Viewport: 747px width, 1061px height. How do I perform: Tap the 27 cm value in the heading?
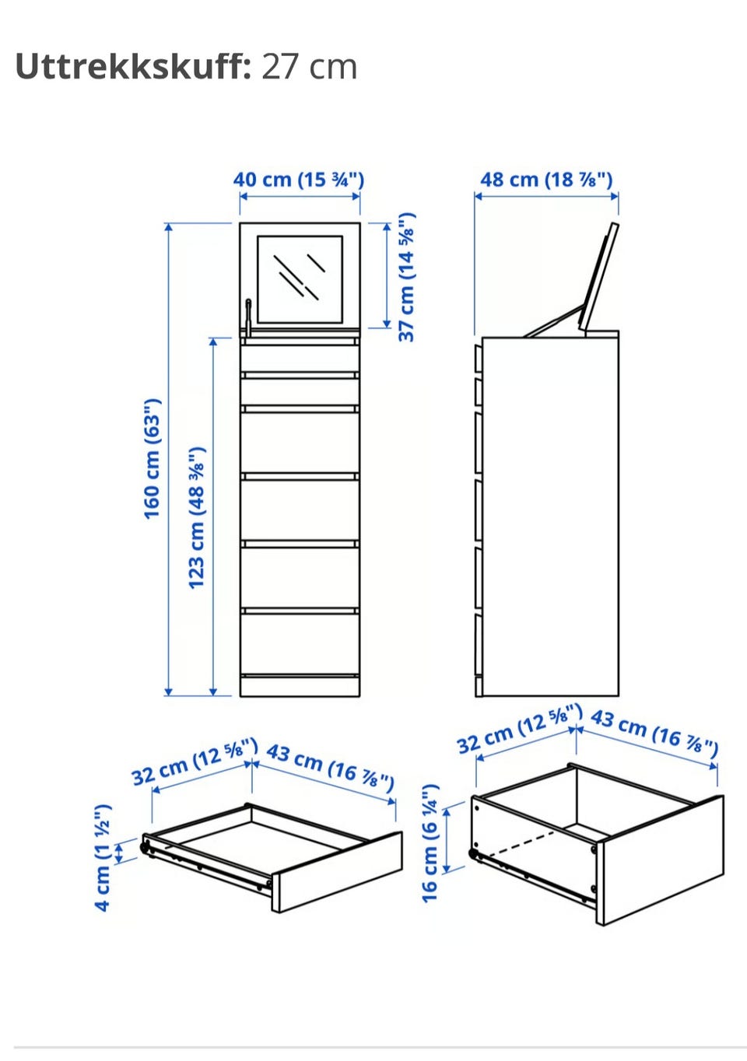coord(309,67)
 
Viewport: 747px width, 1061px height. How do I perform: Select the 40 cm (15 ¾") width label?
coord(299,180)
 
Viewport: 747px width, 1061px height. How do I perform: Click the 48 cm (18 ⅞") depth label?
coord(546,180)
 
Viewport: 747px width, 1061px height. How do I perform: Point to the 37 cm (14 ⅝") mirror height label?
coord(406,277)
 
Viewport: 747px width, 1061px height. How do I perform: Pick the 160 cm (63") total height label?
coord(153,459)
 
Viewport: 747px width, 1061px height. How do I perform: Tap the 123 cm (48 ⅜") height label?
coord(197,517)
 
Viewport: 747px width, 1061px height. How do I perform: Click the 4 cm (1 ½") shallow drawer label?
coord(103,857)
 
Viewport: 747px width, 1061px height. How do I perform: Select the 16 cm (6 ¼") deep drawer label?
coord(430,843)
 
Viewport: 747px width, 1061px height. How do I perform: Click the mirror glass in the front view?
coord(300,279)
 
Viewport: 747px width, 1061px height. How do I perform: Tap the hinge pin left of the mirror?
coord(248,316)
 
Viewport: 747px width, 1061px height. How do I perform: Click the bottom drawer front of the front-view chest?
coord(300,644)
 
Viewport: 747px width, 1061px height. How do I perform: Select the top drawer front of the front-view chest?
coord(300,359)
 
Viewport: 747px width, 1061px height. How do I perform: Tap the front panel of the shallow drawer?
coord(337,870)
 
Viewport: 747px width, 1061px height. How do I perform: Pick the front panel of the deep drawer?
coord(661,860)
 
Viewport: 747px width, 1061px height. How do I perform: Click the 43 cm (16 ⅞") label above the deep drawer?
coord(654,732)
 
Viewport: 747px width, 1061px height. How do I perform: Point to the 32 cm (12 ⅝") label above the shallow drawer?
coord(195,762)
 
